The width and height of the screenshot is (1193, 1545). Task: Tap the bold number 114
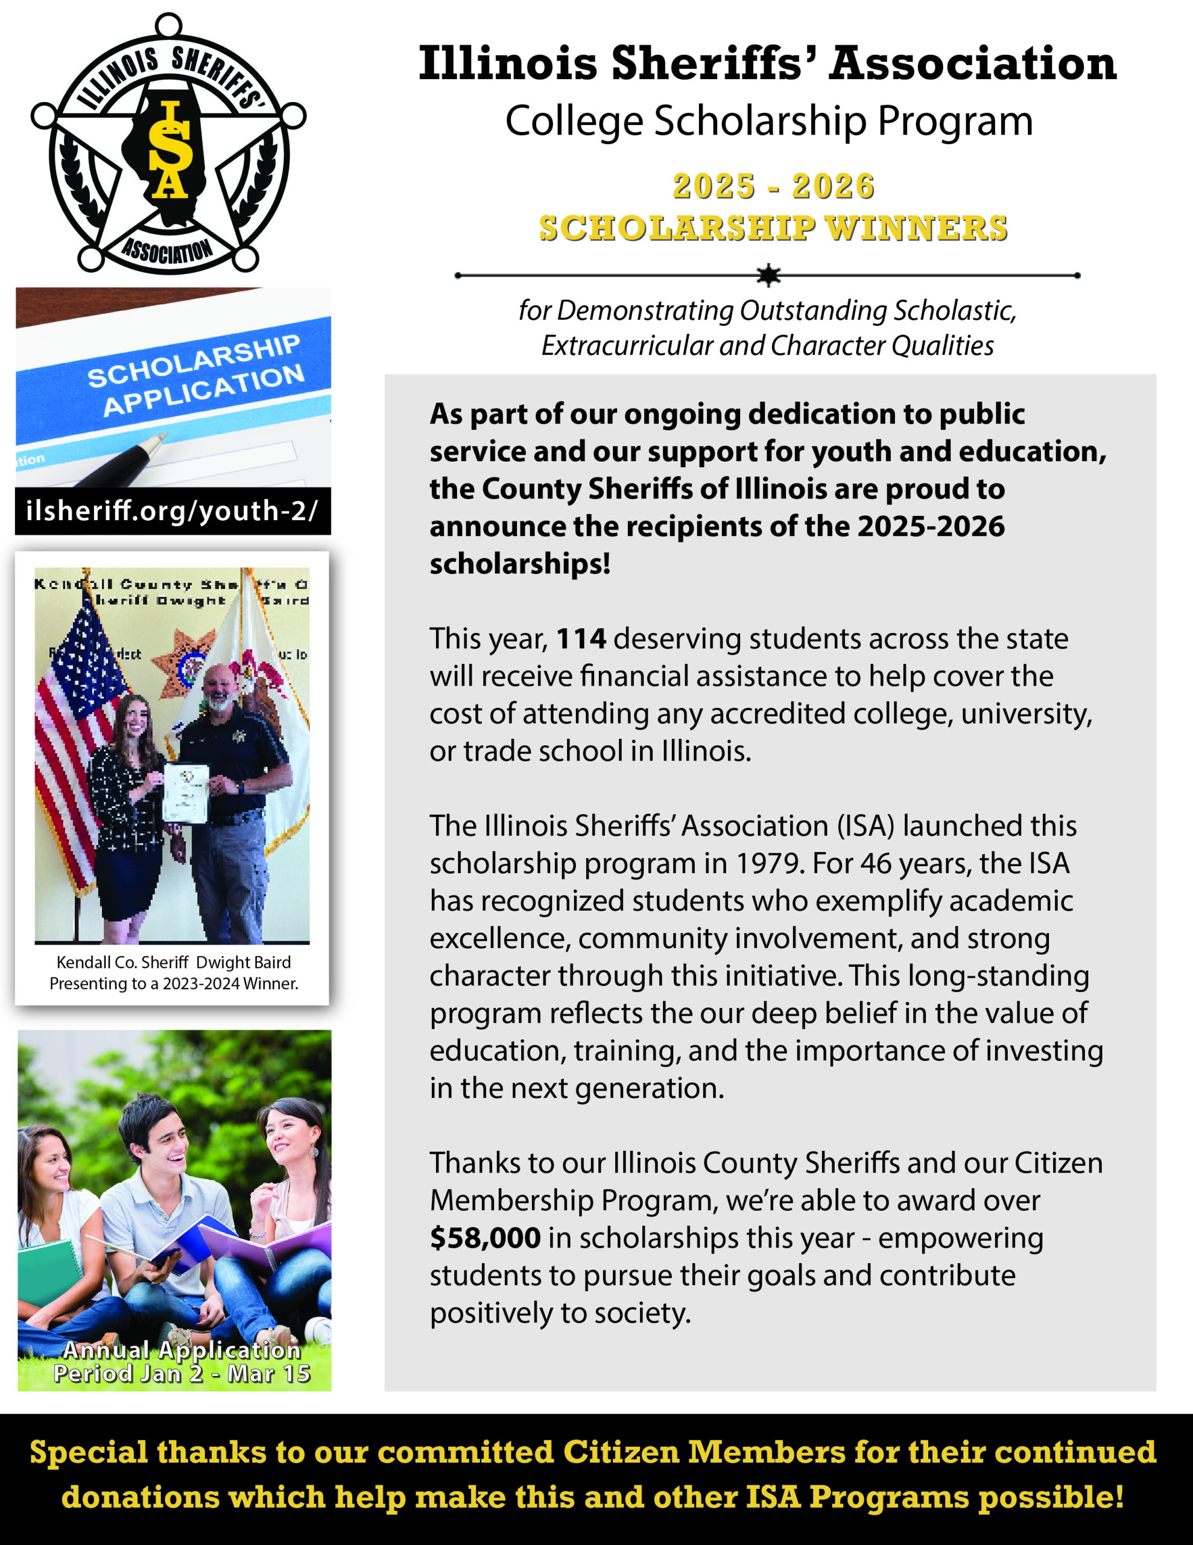581,639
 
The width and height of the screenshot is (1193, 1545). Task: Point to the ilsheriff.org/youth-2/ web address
172,510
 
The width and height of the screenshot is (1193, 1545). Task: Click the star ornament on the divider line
767,275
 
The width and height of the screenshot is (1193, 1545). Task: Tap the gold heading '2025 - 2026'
773,186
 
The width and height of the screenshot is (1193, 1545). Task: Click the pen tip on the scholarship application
157,440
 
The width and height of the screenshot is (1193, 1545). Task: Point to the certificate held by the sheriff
186,793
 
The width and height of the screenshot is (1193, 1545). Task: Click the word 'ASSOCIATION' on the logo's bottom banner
168,250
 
